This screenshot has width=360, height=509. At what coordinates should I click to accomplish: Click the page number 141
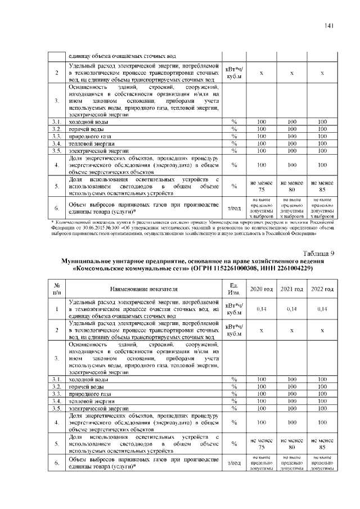pos(329,25)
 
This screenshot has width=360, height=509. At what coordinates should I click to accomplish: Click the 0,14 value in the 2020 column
pos(261,309)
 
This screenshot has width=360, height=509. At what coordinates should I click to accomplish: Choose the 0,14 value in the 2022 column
pos(322,309)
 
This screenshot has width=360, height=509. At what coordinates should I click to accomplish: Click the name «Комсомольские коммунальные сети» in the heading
pos(131,269)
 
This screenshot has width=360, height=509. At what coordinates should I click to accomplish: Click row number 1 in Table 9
pos(57,309)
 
